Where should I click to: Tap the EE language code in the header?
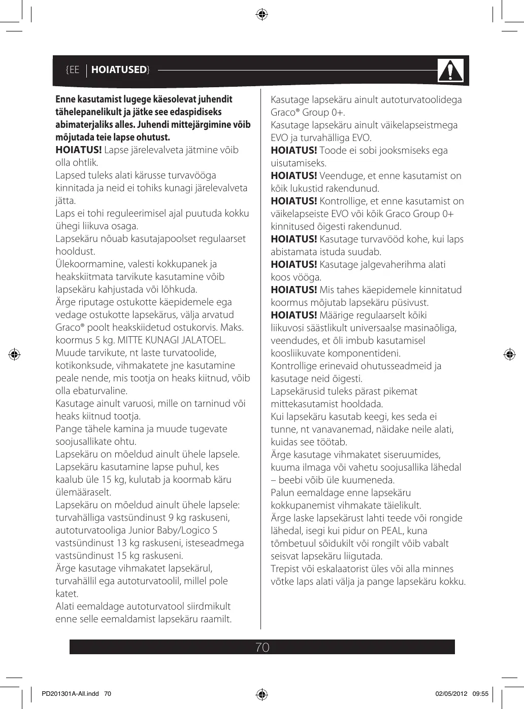[74, 70]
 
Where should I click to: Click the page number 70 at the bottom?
[263, 648]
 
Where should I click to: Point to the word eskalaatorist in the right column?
[339, 569]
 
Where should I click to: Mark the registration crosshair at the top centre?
[262, 14]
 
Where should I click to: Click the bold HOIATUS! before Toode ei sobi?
[294, 151]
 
